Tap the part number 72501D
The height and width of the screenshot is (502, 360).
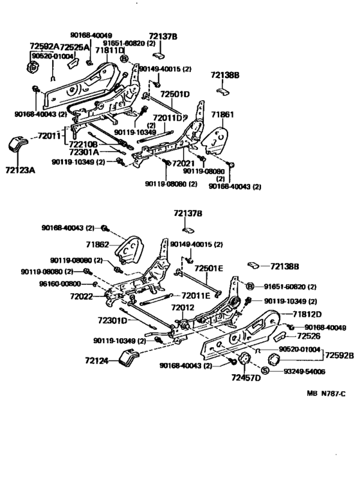(175, 94)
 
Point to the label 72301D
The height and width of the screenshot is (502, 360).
(116, 319)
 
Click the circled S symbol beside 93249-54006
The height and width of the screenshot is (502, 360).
(265, 371)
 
